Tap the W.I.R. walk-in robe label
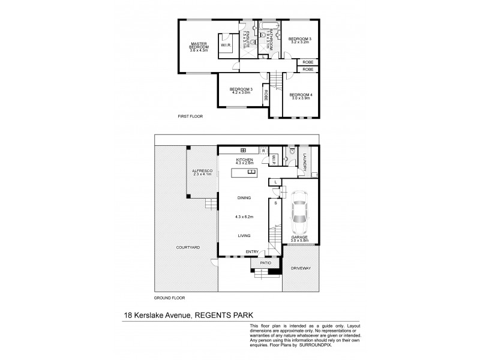click(x=226, y=44)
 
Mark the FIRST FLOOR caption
click(x=191, y=116)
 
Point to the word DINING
click(x=244, y=197)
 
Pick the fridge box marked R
click(x=263, y=150)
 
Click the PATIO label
click(x=266, y=263)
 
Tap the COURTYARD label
click(x=188, y=247)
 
